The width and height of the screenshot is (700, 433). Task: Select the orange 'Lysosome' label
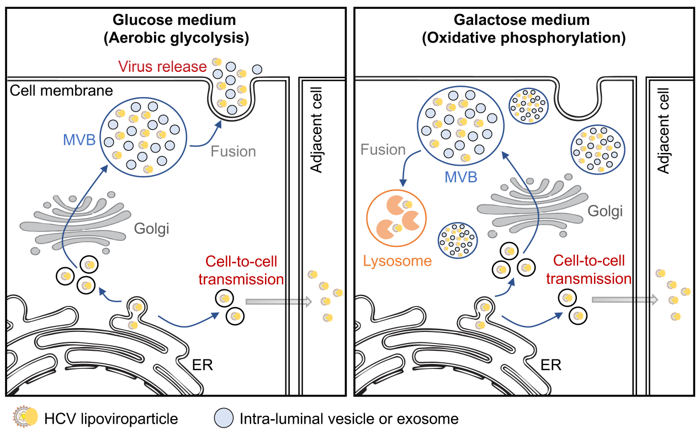(x=397, y=261)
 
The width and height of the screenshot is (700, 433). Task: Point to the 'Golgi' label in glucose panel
(x=151, y=228)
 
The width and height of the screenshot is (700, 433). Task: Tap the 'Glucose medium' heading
(x=174, y=20)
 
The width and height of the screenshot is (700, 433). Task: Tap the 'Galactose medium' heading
(x=522, y=20)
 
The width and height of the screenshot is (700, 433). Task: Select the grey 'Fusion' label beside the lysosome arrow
(x=383, y=150)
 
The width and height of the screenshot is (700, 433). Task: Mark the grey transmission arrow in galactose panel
(x=624, y=299)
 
